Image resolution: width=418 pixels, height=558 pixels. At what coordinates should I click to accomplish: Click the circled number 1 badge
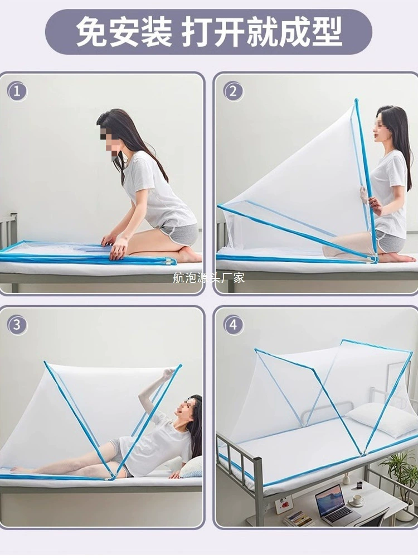(x=17, y=92)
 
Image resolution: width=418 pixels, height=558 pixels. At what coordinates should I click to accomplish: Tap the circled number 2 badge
(x=234, y=92)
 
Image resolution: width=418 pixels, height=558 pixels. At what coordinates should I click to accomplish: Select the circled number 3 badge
(x=17, y=325)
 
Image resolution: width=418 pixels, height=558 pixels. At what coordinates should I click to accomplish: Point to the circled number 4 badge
(x=234, y=325)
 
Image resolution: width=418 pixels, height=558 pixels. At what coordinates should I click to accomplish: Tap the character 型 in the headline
(x=327, y=32)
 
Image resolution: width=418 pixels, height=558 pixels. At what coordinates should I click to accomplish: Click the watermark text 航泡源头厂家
(x=208, y=277)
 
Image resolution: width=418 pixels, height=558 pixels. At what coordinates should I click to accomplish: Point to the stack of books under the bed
(x=298, y=518)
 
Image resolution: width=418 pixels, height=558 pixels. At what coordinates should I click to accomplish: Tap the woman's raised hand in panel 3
(x=169, y=374)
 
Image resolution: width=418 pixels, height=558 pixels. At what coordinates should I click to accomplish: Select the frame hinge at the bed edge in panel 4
(x=362, y=453)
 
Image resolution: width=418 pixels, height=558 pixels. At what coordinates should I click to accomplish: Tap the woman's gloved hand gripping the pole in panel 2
(x=364, y=195)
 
